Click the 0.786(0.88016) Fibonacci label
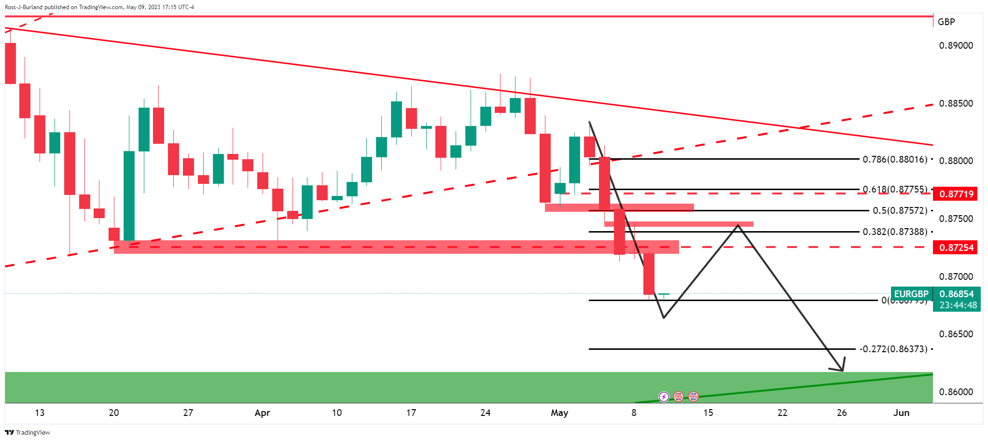895,159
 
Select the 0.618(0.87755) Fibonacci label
895,189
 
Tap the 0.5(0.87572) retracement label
900,210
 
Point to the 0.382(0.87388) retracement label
895,232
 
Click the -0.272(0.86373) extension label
893,349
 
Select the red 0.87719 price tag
956,194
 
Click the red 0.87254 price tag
956,248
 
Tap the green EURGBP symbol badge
911,294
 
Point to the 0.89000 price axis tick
956,46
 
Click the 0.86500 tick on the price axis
956,334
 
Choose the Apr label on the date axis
262,413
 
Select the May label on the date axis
559,413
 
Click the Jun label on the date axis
901,413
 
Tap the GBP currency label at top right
946,22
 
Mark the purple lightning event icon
664,397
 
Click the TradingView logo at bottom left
28,432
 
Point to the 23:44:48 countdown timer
958,305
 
